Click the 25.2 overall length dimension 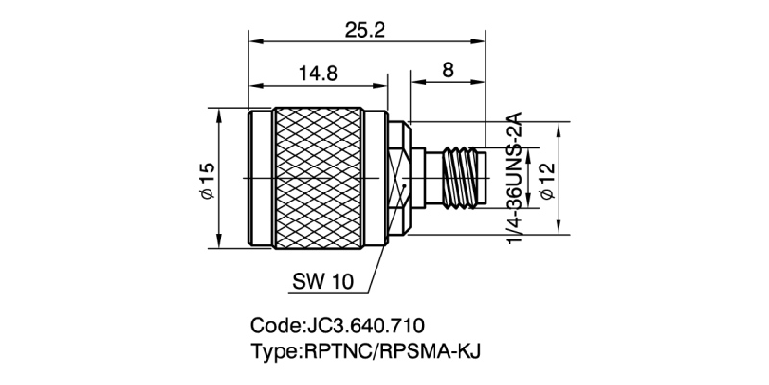[365, 30]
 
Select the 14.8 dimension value [317, 73]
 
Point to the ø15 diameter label [206, 179]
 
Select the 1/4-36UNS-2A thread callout [515, 179]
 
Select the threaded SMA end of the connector [461, 179]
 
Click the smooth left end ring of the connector [259, 179]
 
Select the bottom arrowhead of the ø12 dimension [561, 228]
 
